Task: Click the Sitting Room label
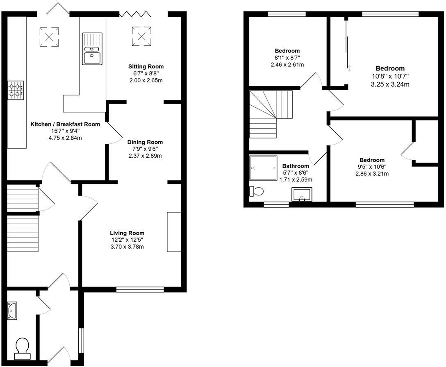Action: coord(146,66)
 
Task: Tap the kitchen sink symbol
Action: coord(91,49)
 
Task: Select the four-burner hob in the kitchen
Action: coord(16,90)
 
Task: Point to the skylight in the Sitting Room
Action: coord(141,36)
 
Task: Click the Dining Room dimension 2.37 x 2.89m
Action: coord(142,156)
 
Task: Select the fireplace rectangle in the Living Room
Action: coord(174,232)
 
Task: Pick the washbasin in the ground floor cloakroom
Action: coord(12,311)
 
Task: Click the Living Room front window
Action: coord(140,290)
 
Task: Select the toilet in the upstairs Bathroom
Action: coord(257,191)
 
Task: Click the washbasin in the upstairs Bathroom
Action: coord(302,195)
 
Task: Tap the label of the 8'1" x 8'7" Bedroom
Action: coord(287,51)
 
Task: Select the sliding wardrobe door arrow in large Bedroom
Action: coord(349,68)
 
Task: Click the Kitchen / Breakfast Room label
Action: coord(65,124)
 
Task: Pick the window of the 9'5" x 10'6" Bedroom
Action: coord(385,204)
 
